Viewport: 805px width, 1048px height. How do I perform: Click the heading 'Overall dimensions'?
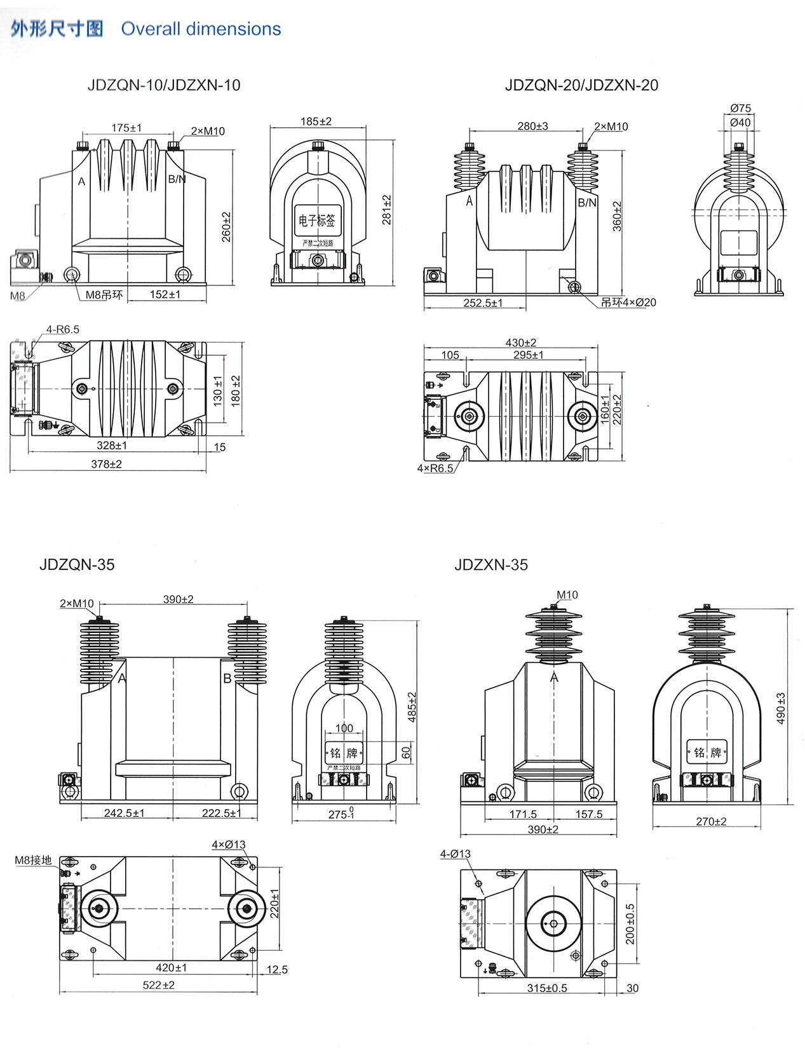click(201, 29)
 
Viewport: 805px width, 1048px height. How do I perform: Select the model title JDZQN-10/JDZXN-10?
click(164, 85)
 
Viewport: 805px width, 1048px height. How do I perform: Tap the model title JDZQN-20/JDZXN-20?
click(581, 85)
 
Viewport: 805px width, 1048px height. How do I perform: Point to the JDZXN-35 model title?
click(491, 565)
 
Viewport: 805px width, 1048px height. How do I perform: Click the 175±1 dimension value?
click(127, 128)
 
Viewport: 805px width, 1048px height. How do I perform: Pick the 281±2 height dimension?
click(387, 210)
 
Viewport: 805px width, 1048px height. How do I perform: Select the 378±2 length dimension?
click(107, 465)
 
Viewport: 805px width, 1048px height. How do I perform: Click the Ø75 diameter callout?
click(741, 108)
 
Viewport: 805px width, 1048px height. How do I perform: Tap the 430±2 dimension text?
click(521, 343)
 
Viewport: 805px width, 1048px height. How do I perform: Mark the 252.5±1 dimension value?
click(483, 303)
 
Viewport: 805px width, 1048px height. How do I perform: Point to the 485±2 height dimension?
click(412, 707)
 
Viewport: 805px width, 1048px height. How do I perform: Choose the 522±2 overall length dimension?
click(159, 985)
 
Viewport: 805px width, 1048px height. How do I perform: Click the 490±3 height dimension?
click(781, 708)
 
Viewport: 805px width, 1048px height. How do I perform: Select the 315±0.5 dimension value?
click(547, 988)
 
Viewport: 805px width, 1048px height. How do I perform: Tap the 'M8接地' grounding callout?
click(34, 861)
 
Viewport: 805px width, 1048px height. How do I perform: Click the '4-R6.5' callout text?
click(62, 329)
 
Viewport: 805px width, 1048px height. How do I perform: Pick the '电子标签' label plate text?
click(317, 221)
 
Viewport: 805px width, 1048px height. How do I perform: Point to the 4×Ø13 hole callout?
click(229, 845)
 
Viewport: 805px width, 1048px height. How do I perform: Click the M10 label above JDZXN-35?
click(567, 595)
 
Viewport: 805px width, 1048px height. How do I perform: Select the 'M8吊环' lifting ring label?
click(104, 295)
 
